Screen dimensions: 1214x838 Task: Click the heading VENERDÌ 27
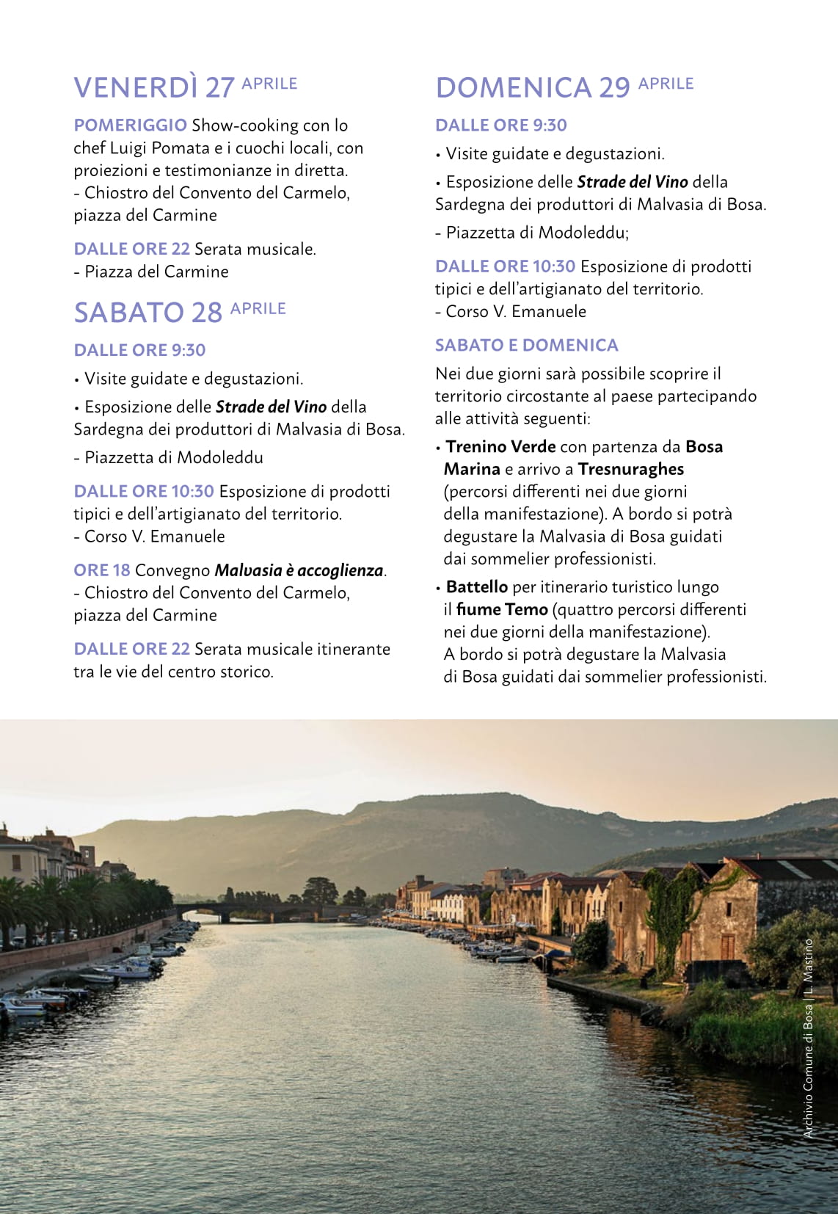pos(153,87)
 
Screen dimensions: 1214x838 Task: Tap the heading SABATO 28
pos(147,313)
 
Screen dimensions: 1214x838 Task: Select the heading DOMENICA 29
pos(533,87)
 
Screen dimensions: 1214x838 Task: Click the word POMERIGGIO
pos(130,126)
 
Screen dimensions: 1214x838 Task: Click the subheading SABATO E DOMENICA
pos(526,345)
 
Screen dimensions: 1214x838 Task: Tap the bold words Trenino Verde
pos(500,447)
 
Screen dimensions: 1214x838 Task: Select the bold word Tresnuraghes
pos(630,469)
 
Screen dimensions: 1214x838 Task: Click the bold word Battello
pos(476,587)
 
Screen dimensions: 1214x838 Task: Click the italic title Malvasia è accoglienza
pos(299,570)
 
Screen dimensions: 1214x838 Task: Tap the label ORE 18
pos(101,570)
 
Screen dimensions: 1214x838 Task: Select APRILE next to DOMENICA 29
pos(666,84)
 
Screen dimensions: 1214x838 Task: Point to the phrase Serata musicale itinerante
pos(292,649)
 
